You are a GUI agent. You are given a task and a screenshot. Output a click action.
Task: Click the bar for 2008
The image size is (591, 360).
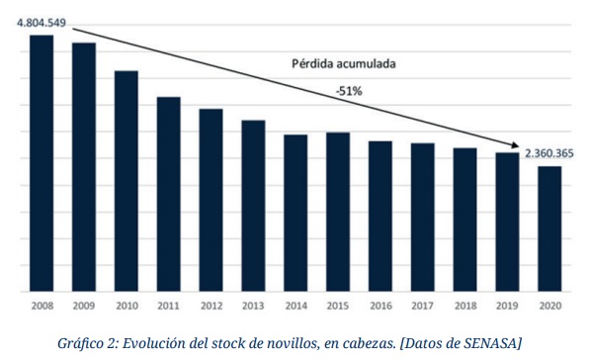point(42,163)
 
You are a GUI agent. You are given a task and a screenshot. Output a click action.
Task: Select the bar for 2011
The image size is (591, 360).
point(169,194)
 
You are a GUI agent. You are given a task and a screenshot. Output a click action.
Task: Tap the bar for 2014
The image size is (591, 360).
point(296,213)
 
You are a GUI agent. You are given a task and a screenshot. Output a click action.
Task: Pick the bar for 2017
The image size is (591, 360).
point(423,218)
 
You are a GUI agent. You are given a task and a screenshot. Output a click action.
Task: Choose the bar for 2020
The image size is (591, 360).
point(550,228)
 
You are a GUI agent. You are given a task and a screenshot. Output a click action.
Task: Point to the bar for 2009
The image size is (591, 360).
point(84,167)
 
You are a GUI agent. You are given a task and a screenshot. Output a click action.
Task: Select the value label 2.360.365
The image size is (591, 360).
point(549,153)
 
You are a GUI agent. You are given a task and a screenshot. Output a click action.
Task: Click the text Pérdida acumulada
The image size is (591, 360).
point(343,62)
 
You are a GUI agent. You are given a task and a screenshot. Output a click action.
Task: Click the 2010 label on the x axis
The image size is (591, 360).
point(127,306)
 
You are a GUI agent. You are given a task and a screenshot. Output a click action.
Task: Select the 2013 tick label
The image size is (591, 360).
point(254,306)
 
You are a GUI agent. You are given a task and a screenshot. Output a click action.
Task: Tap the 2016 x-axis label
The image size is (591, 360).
point(380,306)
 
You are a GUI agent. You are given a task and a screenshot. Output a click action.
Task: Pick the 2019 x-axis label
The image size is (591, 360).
point(508,306)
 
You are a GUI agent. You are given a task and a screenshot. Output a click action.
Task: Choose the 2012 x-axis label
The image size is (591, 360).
point(211,306)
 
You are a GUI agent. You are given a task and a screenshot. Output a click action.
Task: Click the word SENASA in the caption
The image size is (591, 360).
point(486,342)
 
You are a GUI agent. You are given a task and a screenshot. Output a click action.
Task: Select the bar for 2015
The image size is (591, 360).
point(338,212)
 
